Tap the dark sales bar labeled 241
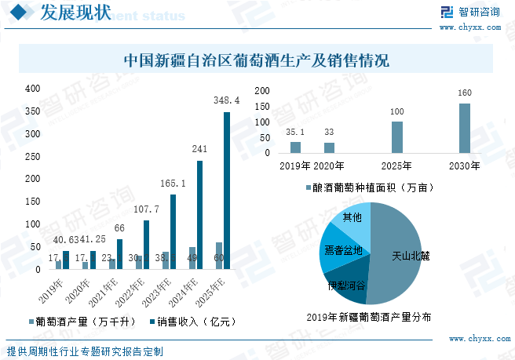point(199,215)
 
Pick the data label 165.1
point(172,184)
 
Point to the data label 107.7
point(146,209)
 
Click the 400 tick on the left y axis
point(33,89)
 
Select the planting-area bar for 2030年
point(465,128)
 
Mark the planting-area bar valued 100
point(397,137)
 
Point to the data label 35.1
point(295,133)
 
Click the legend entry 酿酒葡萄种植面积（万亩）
point(368,188)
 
